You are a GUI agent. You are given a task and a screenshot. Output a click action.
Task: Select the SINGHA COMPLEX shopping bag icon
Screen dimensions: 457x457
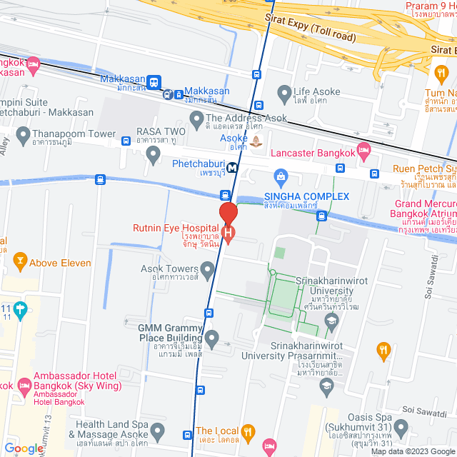pyautogui.click(x=281, y=176)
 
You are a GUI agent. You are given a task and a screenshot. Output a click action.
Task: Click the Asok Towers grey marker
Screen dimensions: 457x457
pyautogui.click(x=208, y=269)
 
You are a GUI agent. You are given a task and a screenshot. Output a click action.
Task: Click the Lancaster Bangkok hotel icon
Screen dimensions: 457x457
pyautogui.click(x=364, y=149)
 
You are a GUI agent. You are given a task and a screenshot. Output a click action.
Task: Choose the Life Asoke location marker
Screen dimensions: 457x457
pyautogui.click(x=285, y=92)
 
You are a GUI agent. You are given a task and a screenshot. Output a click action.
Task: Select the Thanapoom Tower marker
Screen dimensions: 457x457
pyautogui.click(x=23, y=134)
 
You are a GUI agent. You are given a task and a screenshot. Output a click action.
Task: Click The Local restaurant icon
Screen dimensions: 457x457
pyautogui.click(x=248, y=431)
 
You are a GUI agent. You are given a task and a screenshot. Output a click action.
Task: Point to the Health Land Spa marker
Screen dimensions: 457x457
pyautogui.click(x=158, y=431)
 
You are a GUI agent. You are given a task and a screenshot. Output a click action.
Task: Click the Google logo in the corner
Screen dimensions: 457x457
pyautogui.click(x=23, y=448)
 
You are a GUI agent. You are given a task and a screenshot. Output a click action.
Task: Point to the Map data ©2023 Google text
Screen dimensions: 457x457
pyautogui.click(x=411, y=451)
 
